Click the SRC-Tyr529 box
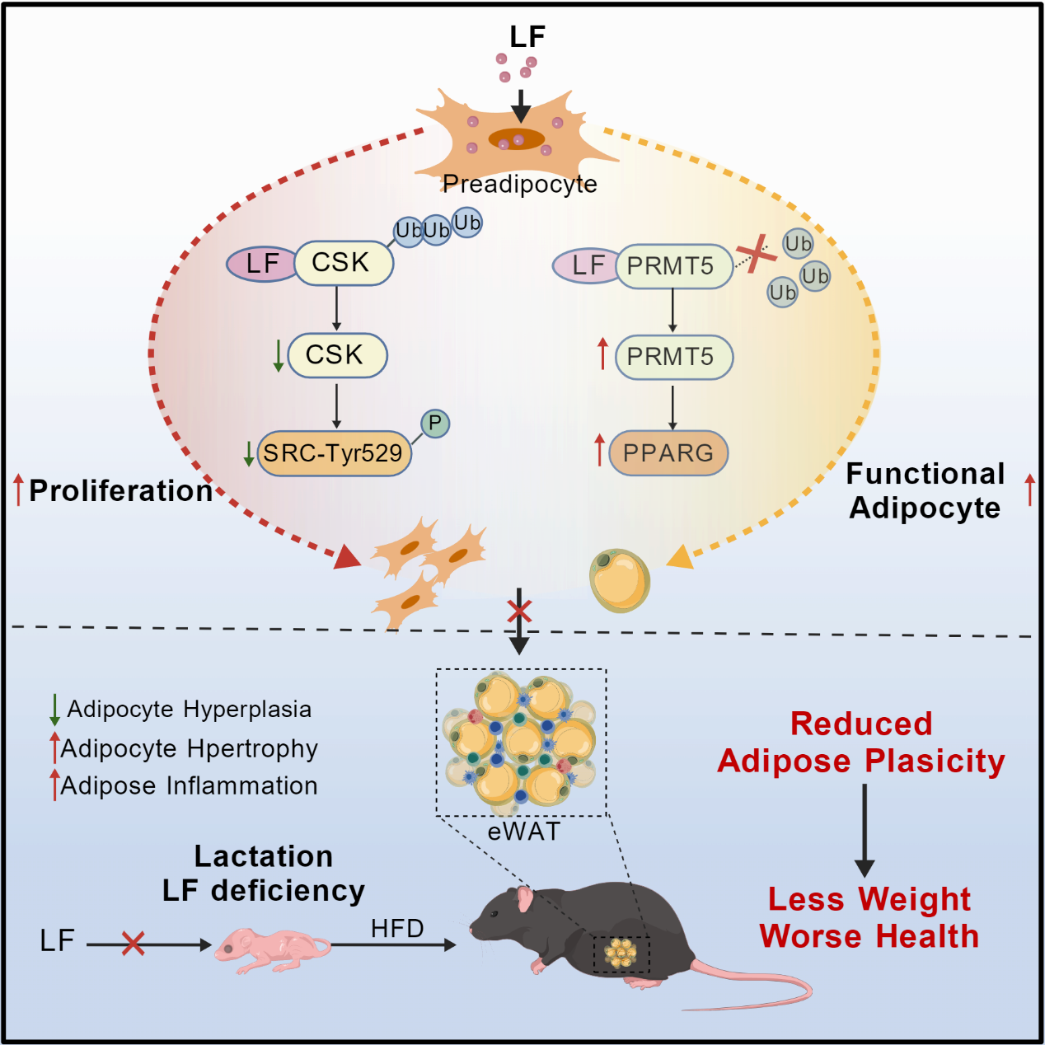tap(334, 453)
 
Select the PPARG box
tap(668, 452)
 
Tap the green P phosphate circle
tap(435, 424)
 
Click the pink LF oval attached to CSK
tap(261, 264)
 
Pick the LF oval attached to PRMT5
tap(586, 265)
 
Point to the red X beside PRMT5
tap(757, 254)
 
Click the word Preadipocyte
tap(519, 185)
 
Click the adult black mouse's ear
tap(524, 898)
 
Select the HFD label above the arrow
tap(397, 929)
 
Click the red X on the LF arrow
tap(133, 944)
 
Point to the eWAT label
tap(524, 832)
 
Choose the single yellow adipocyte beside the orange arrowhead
tap(619, 580)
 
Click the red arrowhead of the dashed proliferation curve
tap(347, 557)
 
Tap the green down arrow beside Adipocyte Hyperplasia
tap(54, 710)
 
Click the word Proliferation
tap(120, 491)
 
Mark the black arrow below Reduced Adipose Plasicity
tap(865, 830)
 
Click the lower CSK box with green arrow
tap(337, 355)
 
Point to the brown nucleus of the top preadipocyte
tap(516, 138)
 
